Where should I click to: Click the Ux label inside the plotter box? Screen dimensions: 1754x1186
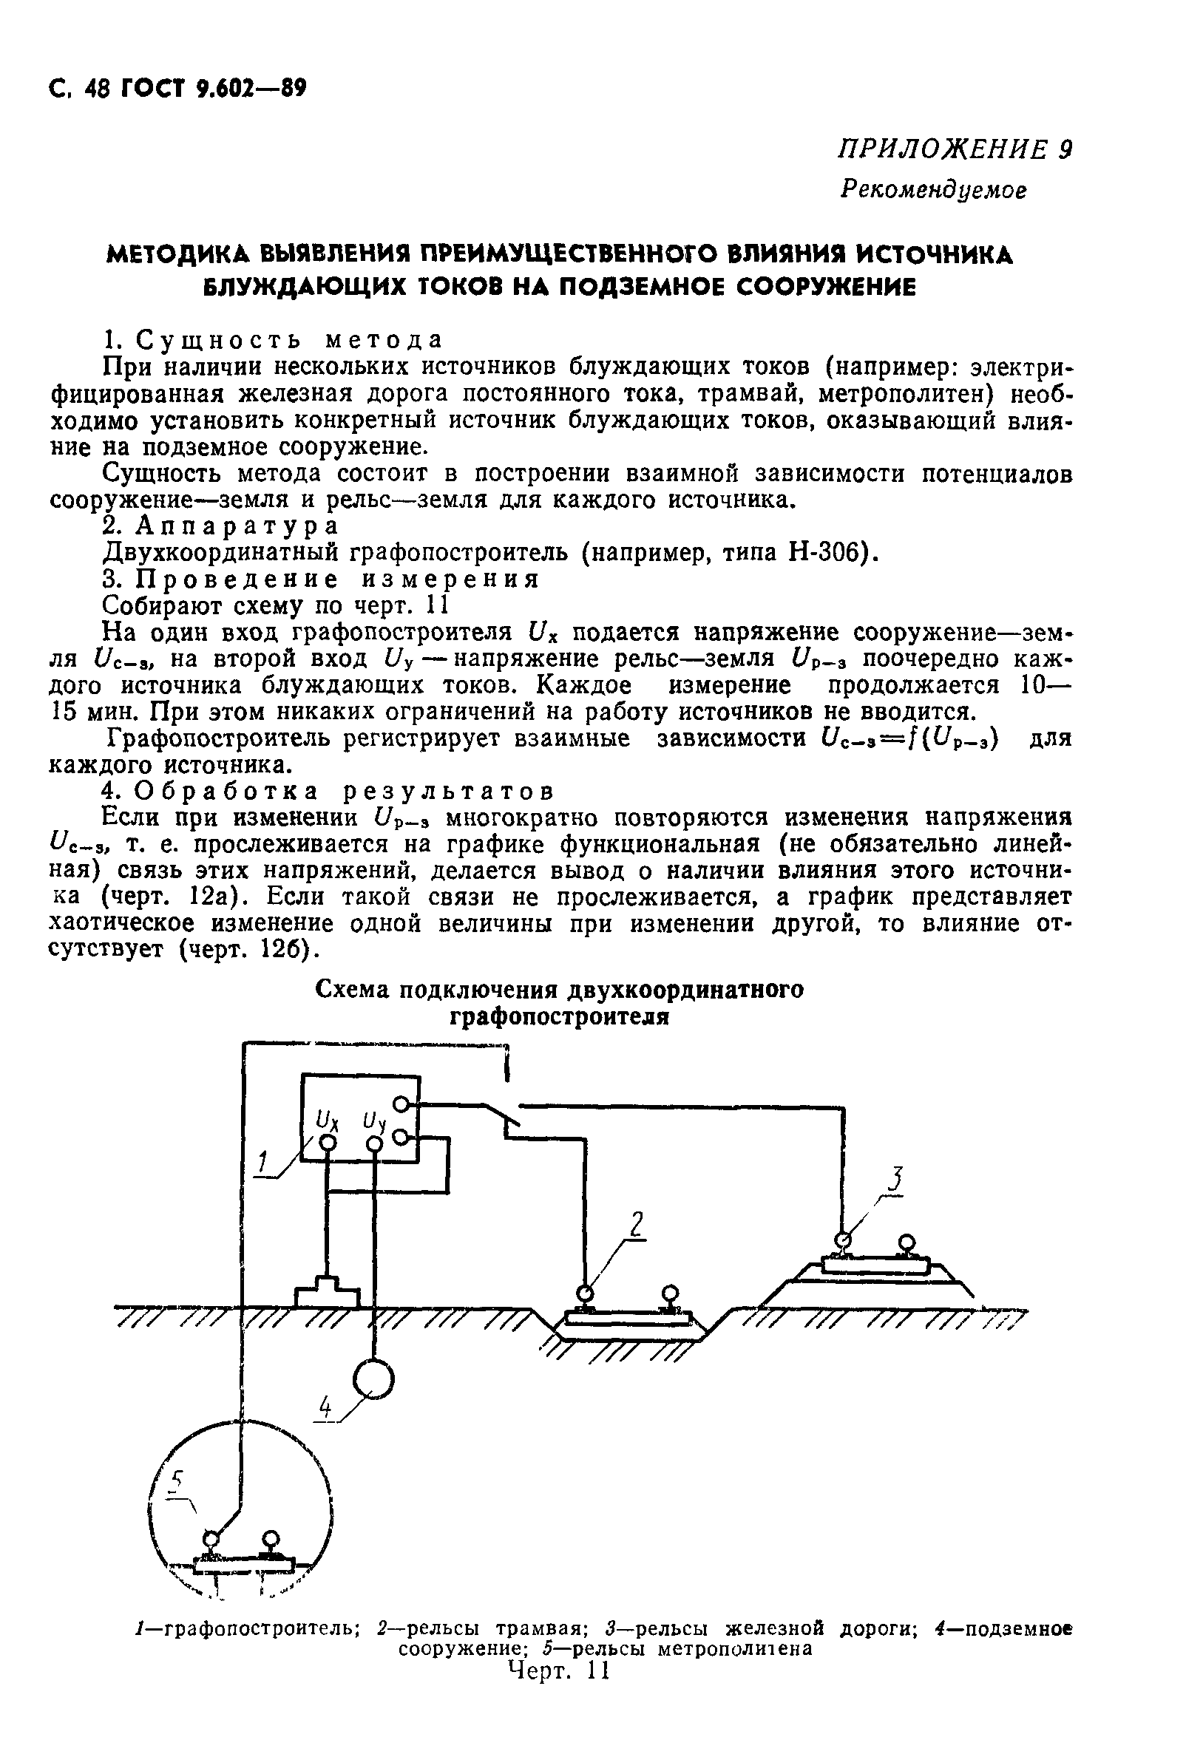(327, 1119)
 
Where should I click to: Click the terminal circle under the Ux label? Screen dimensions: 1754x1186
(328, 1143)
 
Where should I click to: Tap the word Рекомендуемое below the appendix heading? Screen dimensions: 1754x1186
(934, 188)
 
